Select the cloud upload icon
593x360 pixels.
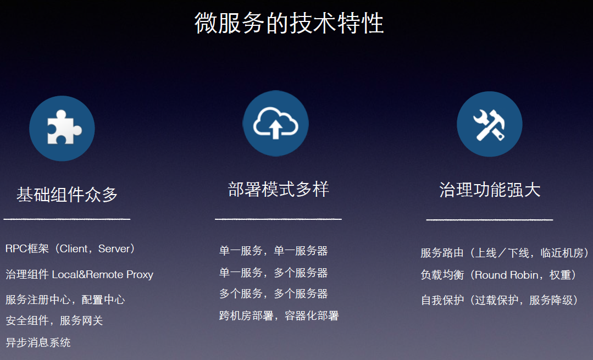[x=276, y=123]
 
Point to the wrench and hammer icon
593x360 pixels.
[x=489, y=124]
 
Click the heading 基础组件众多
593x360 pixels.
[x=67, y=195]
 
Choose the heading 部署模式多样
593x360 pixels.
[x=278, y=189]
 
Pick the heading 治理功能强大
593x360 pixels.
[x=490, y=190]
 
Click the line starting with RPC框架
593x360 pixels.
[x=70, y=249]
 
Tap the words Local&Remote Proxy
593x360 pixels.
[x=102, y=275]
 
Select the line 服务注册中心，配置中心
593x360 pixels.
[x=65, y=300]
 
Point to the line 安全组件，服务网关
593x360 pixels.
[x=54, y=320]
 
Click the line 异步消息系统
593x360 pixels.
[x=38, y=342]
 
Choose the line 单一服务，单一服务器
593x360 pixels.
[x=274, y=251]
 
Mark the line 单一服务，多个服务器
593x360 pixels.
[x=274, y=273]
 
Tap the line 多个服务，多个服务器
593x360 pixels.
[x=274, y=294]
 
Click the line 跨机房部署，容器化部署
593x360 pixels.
[x=279, y=316]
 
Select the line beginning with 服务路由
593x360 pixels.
[x=505, y=253]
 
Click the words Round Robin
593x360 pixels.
[x=506, y=275]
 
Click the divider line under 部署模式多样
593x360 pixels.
[x=278, y=219]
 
